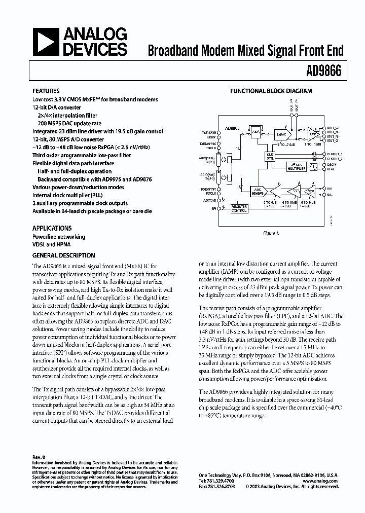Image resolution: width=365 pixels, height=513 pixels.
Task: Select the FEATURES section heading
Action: click(x=46, y=91)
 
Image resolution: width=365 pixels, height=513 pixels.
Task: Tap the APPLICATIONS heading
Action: click(x=52, y=228)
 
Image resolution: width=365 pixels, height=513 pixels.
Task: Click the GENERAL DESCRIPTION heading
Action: click(x=64, y=255)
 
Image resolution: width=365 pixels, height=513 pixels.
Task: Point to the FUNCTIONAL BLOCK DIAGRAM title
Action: click(x=271, y=91)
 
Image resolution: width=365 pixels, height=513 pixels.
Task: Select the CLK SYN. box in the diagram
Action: click(x=270, y=157)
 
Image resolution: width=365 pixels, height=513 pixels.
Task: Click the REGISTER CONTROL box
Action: click(x=239, y=209)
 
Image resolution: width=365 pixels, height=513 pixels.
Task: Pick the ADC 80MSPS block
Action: click(x=258, y=192)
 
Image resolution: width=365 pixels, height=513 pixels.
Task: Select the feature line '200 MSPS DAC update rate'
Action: click(x=69, y=123)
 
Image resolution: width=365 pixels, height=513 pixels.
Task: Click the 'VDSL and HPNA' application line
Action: click(x=52, y=244)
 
